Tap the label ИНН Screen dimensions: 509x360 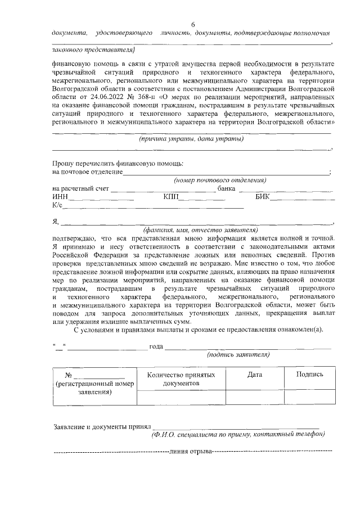point(60,197)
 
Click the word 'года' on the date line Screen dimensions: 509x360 point(156,346)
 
